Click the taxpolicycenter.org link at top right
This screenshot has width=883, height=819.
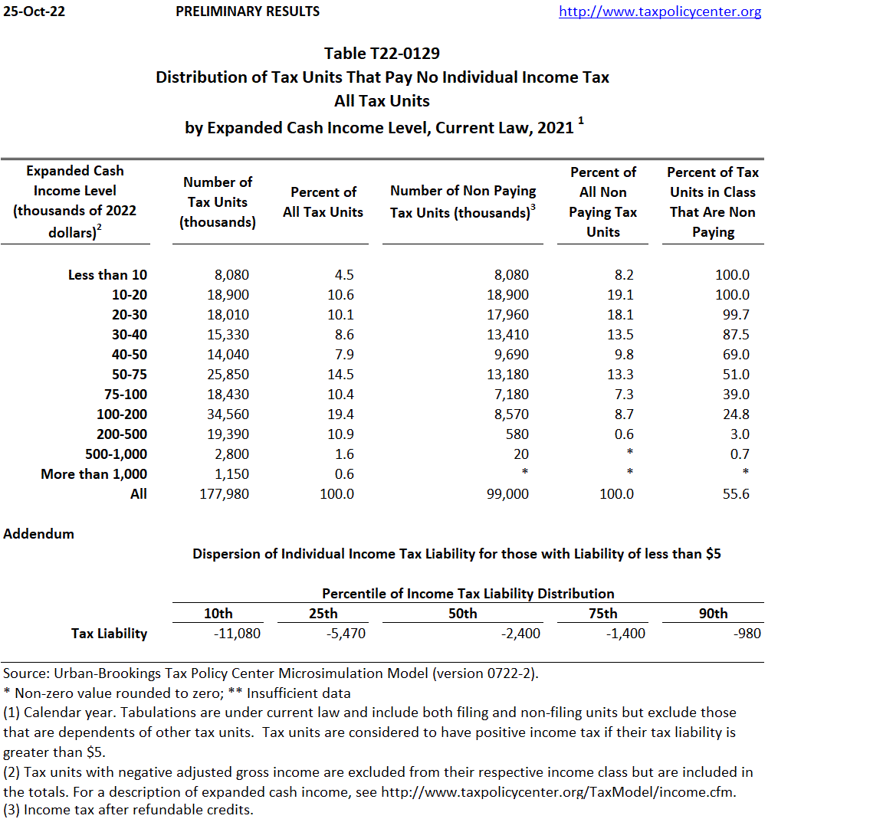click(659, 11)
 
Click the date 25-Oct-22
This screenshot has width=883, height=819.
click(34, 11)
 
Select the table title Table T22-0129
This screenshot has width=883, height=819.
click(382, 54)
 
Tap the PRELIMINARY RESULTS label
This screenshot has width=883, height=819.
click(248, 11)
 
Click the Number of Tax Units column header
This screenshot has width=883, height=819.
click(218, 202)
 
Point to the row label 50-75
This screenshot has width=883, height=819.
click(130, 375)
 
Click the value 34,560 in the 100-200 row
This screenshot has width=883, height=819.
click(228, 414)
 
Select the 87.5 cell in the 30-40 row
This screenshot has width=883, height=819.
click(736, 335)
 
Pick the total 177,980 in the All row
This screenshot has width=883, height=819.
click(225, 494)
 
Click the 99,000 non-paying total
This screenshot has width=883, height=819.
click(507, 494)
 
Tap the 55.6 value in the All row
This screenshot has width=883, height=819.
click(736, 494)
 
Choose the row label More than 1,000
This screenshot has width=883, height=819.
click(94, 474)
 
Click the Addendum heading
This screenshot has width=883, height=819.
click(39, 534)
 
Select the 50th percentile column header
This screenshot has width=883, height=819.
click(463, 614)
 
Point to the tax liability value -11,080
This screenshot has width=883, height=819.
click(237, 634)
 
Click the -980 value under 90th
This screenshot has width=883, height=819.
click(747, 634)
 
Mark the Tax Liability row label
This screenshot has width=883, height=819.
click(109, 634)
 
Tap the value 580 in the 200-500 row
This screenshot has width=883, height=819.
click(517, 434)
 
